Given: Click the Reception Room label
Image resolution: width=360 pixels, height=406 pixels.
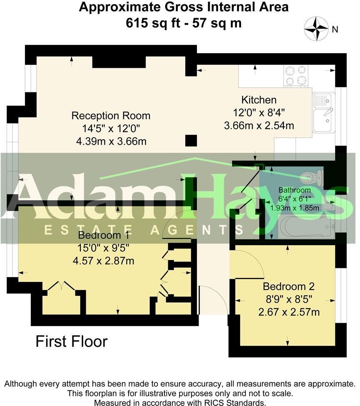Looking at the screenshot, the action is point(111,116).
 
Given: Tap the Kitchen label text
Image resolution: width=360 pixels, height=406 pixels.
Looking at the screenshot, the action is point(259,100).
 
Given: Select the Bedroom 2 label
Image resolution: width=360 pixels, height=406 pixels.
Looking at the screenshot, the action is point(288,286).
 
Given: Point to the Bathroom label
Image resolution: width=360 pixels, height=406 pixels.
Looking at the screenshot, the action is point(295,190).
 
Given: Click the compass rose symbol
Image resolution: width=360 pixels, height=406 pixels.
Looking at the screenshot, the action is point(316,28).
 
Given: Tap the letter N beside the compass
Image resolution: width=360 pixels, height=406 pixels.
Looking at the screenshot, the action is point(335,30).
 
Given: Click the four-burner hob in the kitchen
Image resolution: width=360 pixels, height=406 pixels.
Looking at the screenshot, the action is point(296,76).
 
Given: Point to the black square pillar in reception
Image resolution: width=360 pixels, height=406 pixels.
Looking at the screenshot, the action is point(191,141).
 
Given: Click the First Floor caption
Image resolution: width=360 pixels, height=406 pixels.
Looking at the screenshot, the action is point(72,341).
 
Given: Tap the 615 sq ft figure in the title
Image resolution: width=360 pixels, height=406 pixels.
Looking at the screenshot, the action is point(153,23).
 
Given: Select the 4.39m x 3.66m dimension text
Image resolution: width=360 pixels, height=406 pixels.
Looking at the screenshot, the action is point(112,141).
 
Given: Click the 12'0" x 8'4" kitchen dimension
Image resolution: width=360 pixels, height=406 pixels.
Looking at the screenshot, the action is point(259,113).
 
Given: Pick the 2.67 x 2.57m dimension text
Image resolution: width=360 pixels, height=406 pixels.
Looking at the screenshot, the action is point(289,312).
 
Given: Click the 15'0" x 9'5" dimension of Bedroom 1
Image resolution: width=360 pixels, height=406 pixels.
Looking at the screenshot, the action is point(103,248).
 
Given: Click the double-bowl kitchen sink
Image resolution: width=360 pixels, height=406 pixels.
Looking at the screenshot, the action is point(323,113).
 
